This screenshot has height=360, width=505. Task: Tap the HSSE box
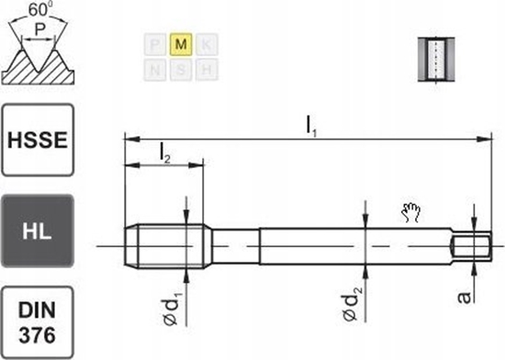[x=38, y=140]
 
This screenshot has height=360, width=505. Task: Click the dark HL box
[x=38, y=231]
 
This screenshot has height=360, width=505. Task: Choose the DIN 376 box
[x=38, y=321]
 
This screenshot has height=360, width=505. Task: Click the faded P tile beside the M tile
[x=156, y=43]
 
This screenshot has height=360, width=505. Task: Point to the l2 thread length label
[x=164, y=157]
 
